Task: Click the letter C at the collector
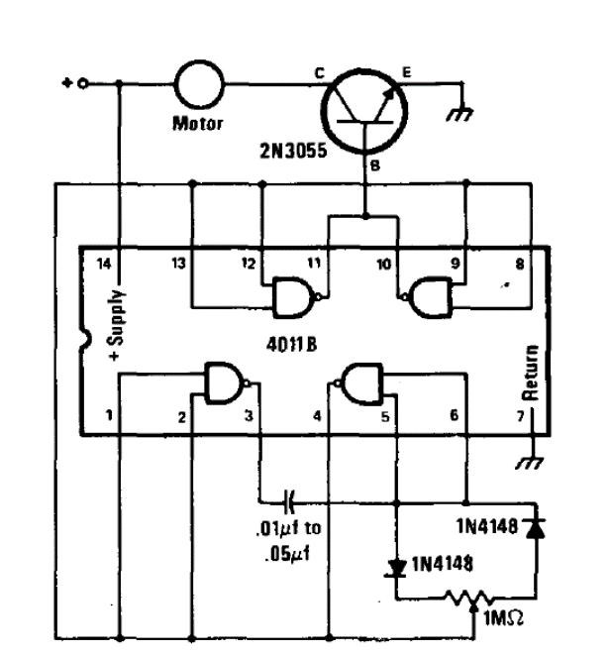point(319,73)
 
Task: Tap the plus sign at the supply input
point(66,84)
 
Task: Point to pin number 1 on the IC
point(112,416)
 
